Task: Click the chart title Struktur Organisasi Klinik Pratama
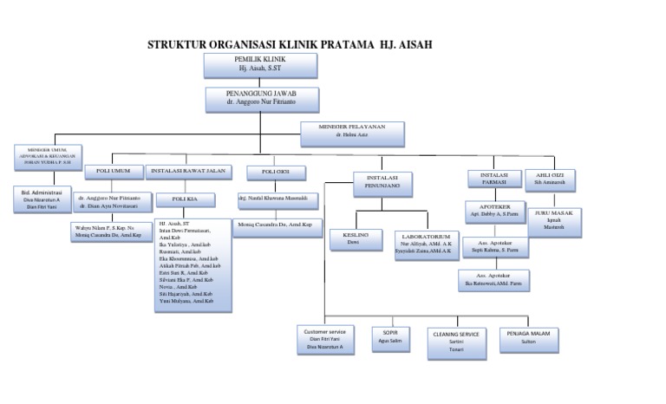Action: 290,44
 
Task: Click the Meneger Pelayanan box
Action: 351,132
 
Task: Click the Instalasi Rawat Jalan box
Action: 188,171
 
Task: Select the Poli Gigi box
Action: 275,172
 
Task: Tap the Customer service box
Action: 325,339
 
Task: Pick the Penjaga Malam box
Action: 528,337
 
